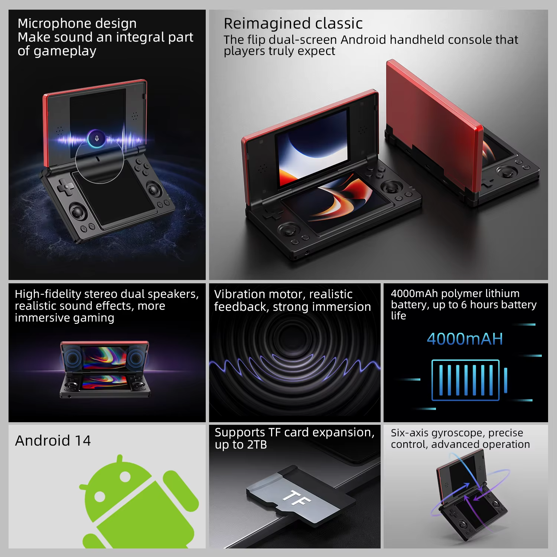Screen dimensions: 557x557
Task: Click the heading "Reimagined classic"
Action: (293, 23)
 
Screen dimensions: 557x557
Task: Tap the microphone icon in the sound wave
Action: (97, 139)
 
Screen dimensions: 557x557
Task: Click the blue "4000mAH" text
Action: (465, 339)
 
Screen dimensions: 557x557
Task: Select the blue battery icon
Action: (469, 380)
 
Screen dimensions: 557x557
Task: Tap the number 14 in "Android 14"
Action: (83, 441)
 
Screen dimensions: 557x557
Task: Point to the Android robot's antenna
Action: (120, 459)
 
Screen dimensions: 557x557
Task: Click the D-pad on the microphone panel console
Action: (65, 186)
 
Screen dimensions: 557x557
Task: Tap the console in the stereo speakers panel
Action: (105, 369)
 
